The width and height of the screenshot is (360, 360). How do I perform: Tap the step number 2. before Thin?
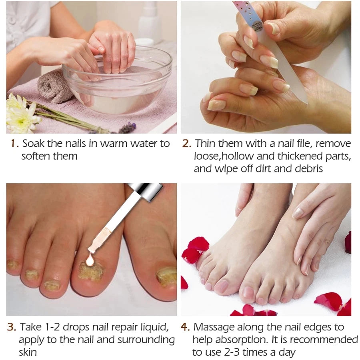coord(186,144)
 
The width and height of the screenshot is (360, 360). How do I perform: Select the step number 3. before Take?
coord(12,327)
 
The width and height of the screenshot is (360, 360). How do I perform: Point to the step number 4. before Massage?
coord(185,327)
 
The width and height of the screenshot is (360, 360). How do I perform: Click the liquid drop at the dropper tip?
coord(90,261)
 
